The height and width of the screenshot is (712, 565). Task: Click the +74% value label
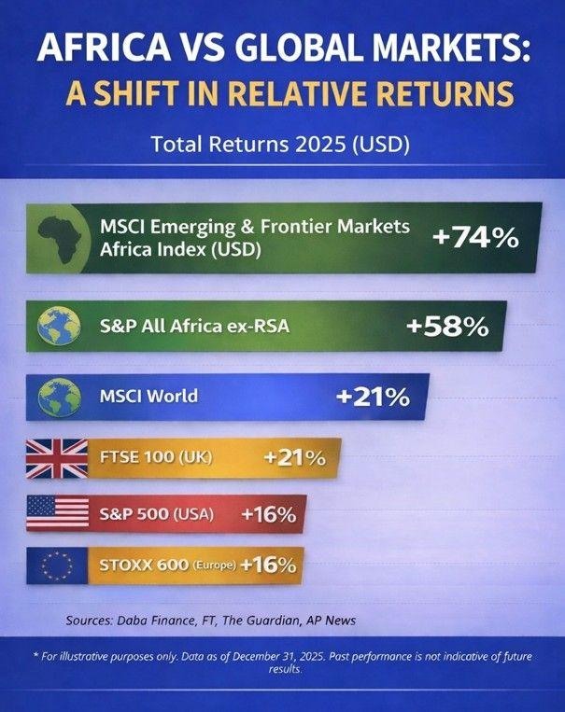pyautogui.click(x=475, y=237)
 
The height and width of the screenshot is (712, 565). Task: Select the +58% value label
pyautogui.click(x=448, y=327)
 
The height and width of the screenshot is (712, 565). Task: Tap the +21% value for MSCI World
pyautogui.click(x=373, y=397)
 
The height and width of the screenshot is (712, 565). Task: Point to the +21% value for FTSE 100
pyautogui.click(x=294, y=458)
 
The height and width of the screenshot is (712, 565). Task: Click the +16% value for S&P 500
pyautogui.click(x=268, y=514)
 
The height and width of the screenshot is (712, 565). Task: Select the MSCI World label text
pyautogui.click(x=148, y=396)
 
